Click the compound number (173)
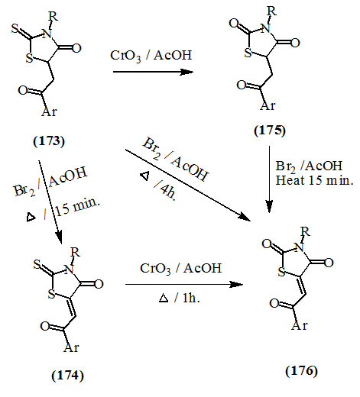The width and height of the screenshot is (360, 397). (x=49, y=141)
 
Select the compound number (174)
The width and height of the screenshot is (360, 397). (x=67, y=376)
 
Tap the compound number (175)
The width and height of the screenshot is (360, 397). (x=270, y=131)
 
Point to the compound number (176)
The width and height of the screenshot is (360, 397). (x=301, y=371)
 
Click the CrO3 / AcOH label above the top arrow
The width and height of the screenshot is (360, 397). (x=151, y=56)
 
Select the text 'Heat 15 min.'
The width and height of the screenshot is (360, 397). (x=315, y=180)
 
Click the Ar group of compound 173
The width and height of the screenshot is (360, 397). (x=49, y=111)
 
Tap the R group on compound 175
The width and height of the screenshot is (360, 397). (x=271, y=11)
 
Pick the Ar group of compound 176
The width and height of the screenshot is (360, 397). (x=300, y=325)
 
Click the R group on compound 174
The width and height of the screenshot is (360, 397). (x=76, y=252)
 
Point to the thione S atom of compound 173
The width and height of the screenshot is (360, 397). (x=15, y=28)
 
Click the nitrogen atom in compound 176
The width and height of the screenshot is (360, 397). (x=299, y=247)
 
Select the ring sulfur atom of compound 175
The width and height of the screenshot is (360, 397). (x=248, y=53)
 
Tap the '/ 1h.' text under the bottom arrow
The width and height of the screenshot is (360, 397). (x=187, y=298)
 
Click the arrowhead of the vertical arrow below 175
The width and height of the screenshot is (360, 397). (x=269, y=207)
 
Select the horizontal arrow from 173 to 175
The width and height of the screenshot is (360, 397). (x=153, y=72)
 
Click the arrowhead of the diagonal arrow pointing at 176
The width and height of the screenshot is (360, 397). (x=245, y=217)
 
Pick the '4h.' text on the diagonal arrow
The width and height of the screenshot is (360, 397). (x=168, y=192)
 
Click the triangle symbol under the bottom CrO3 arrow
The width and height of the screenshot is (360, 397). (x=164, y=299)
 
